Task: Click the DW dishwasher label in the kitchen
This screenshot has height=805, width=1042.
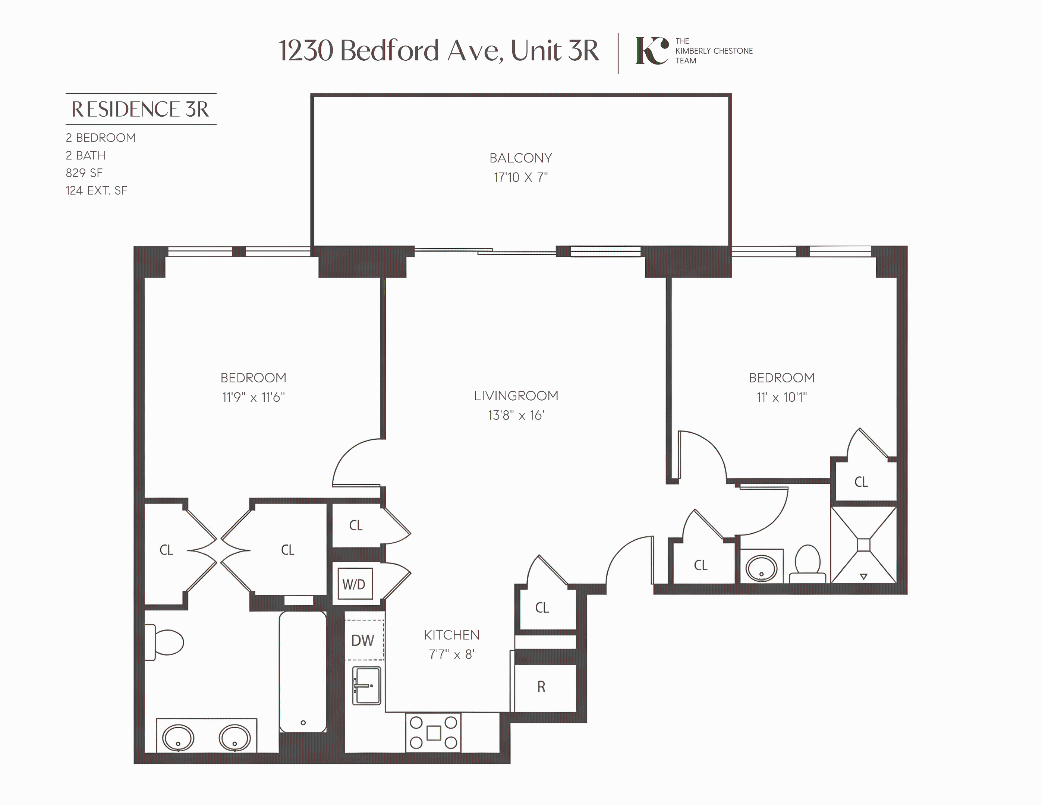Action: [363, 641]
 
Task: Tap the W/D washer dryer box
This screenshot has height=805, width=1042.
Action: [353, 584]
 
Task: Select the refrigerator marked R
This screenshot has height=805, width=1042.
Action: [541, 687]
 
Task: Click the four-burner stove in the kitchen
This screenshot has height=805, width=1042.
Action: [433, 732]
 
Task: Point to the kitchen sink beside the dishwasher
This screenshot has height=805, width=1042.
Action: [366, 686]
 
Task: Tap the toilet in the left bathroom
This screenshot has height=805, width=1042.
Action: [165, 643]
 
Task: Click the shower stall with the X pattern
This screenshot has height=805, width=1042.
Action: [863, 544]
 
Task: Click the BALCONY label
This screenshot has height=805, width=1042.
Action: [520, 158]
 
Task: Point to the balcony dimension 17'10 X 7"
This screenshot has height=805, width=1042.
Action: [520, 177]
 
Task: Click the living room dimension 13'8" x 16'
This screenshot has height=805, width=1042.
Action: [516, 416]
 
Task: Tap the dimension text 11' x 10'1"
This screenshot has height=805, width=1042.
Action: [781, 397]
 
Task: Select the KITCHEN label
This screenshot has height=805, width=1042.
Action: [451, 635]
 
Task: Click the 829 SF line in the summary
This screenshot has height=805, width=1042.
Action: [84, 173]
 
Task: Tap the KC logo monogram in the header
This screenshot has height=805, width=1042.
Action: [651, 51]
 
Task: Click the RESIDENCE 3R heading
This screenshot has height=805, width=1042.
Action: [140, 109]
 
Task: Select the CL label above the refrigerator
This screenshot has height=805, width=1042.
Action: [542, 607]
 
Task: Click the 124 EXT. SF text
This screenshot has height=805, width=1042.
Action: [97, 190]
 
